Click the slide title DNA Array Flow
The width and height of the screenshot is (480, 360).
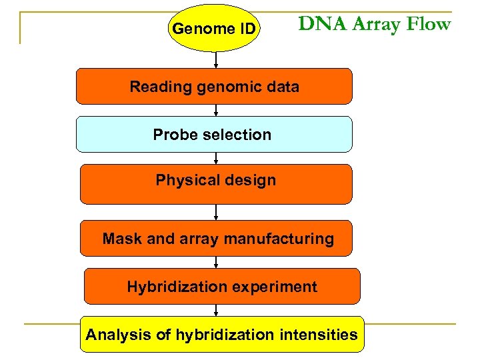click(374, 25)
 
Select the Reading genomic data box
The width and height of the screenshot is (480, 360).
click(214, 87)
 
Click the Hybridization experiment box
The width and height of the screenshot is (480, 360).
click(221, 287)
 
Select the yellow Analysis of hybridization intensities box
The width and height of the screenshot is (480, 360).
click(221, 335)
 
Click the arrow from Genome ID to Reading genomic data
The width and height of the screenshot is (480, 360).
click(215, 60)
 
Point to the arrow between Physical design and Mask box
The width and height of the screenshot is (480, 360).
click(216, 212)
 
